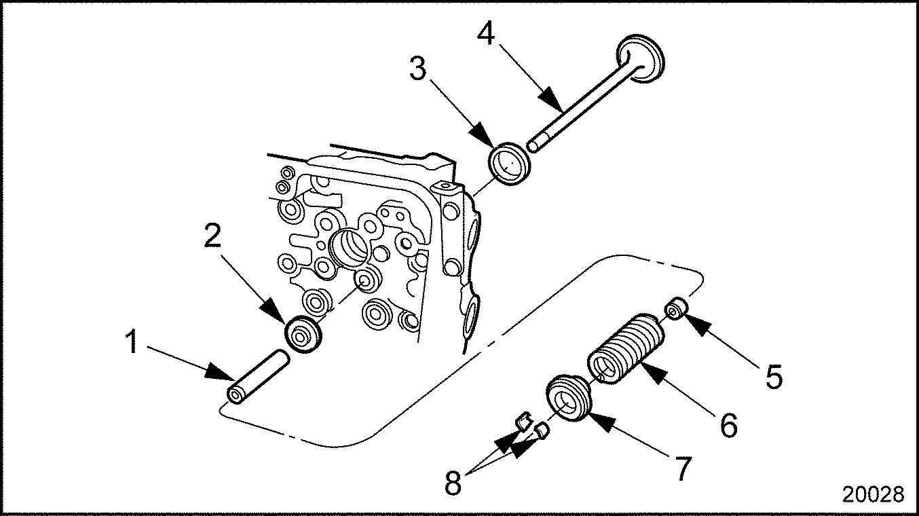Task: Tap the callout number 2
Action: (x=212, y=236)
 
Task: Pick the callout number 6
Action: (x=728, y=424)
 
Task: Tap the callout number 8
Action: (x=453, y=483)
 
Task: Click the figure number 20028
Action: (x=874, y=494)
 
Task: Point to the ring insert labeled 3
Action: (x=509, y=163)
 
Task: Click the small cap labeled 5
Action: (x=676, y=309)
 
